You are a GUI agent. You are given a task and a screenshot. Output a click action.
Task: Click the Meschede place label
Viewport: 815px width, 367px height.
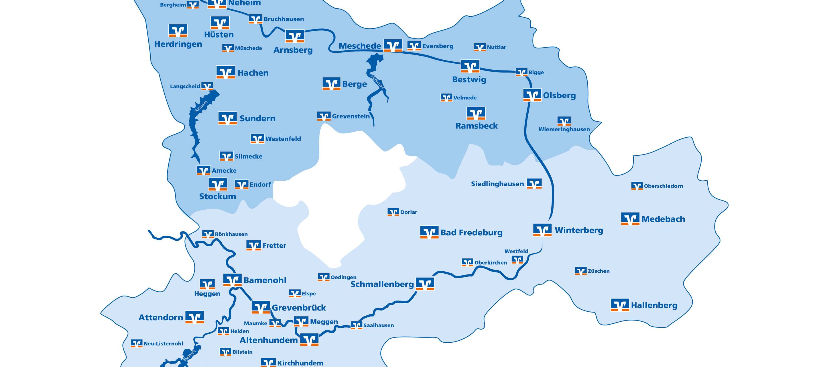(360, 46)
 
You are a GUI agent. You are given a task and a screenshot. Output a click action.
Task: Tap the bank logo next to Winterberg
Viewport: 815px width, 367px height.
(542, 230)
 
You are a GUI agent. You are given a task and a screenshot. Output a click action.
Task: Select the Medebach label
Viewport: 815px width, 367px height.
(663, 219)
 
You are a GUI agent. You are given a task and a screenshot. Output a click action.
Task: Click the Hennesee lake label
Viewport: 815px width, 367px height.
(377, 82)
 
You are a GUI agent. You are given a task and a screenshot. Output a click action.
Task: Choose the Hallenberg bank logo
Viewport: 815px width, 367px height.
(620, 305)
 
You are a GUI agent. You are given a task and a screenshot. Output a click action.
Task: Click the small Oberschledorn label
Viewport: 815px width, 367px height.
(664, 186)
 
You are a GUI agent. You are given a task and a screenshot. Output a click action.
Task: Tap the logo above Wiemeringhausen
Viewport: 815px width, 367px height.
(564, 121)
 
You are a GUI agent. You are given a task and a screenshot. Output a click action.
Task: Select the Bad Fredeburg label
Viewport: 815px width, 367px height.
(471, 233)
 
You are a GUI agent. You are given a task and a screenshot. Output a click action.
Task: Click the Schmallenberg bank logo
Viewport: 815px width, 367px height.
(425, 284)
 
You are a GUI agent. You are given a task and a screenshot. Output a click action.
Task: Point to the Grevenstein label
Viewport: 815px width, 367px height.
(351, 116)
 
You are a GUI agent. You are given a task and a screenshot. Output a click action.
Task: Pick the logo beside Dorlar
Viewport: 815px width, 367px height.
(393, 212)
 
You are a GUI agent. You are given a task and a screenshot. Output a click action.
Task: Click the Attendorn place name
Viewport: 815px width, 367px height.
(161, 318)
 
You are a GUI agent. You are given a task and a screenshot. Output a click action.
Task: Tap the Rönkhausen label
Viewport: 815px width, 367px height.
(231, 234)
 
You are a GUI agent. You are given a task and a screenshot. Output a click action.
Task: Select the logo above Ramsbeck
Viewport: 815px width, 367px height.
(476, 113)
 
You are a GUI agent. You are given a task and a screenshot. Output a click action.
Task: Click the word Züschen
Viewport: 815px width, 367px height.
(599, 271)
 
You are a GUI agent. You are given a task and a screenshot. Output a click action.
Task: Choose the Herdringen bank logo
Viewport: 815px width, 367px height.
(178, 31)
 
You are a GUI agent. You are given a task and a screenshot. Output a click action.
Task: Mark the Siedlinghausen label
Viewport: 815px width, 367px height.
(497, 184)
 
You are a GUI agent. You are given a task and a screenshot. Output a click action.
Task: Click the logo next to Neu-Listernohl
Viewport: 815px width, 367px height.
(137, 343)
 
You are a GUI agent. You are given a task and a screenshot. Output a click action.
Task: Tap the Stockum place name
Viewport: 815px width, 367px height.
(217, 196)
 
